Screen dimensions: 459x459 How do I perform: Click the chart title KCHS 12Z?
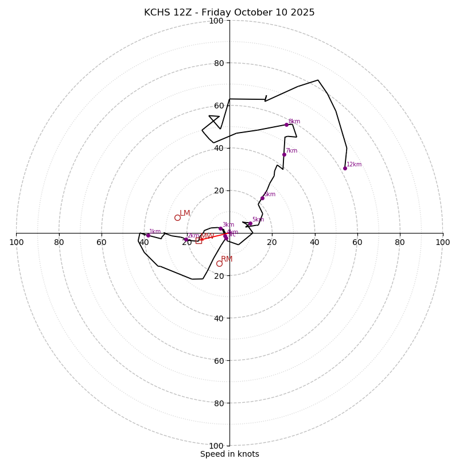[229, 13]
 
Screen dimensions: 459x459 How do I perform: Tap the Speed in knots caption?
[229, 454]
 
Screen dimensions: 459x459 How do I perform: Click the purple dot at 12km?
[345, 168]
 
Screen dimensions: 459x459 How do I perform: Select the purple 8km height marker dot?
[286, 125]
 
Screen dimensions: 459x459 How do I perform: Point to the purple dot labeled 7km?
[284, 154]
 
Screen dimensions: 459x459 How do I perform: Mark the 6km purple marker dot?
[262, 198]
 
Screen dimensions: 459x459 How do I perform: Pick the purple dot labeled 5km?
[250, 223]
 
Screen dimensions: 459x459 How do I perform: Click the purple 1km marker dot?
[148, 235]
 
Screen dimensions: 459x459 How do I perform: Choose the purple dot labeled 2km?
[186, 240]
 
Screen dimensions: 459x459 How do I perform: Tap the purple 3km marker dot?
[220, 228]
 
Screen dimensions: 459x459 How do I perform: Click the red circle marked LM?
[177, 217]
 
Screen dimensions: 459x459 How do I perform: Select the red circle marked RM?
[219, 263]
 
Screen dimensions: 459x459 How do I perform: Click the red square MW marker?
[199, 240]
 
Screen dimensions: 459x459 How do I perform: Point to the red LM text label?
[185, 213]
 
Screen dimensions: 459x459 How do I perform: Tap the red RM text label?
[227, 259]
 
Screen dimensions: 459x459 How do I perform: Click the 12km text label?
[354, 165]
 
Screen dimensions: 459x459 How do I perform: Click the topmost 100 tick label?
[216, 21]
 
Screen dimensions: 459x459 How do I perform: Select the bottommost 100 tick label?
[216, 446]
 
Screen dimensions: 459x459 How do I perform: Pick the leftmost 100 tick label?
[16, 242]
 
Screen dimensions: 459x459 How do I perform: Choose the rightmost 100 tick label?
[443, 242]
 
